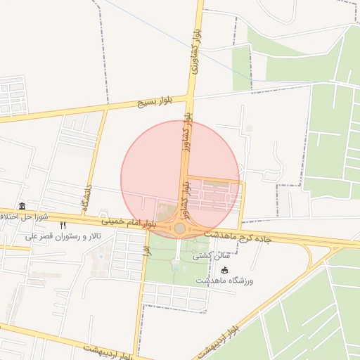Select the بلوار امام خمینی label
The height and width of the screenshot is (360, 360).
[127, 221]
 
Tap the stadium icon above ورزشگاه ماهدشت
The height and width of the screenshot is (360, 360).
[224, 270]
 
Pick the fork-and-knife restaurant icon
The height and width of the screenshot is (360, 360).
[63, 225]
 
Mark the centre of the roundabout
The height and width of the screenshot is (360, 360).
[180, 229]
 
